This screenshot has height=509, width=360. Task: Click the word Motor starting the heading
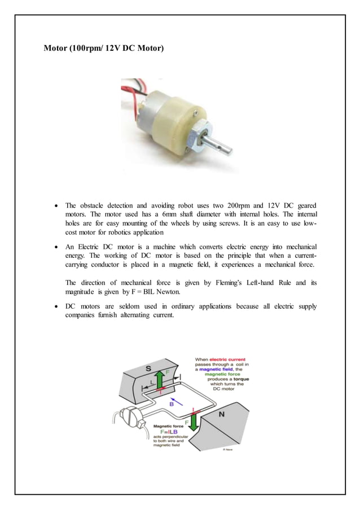click(56, 49)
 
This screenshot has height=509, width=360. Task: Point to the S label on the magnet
click(148, 368)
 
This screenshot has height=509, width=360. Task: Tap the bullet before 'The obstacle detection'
click(55, 205)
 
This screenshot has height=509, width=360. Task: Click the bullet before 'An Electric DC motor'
click(55, 248)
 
